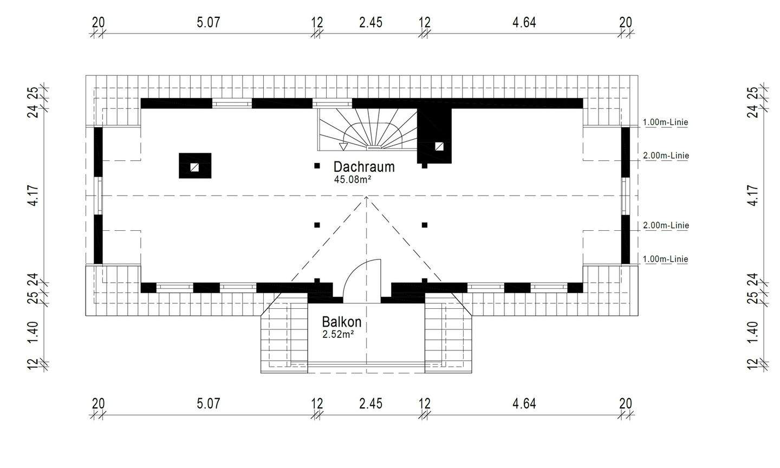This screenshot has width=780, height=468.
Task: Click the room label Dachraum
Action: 363,166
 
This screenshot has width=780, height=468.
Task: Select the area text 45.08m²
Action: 352,180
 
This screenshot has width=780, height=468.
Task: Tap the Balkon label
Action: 341,322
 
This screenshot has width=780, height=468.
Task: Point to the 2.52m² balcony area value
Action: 338,334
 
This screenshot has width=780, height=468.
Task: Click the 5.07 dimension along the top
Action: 209,22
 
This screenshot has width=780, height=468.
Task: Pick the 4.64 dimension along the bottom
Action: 524,404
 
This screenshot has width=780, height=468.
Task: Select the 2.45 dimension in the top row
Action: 370,22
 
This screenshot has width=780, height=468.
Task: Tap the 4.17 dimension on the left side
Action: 34,196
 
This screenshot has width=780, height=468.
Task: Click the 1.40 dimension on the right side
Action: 752,331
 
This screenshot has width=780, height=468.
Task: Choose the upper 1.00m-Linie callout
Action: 665,122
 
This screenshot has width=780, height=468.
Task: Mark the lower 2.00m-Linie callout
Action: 665,225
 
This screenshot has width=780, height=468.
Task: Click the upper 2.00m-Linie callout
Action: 665,156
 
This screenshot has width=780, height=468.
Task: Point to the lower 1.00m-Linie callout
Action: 665,259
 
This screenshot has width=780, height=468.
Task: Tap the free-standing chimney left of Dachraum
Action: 195,166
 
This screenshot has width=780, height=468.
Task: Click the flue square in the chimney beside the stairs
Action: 439,146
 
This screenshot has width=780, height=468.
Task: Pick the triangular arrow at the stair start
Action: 343,146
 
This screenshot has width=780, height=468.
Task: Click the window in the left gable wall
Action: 99,196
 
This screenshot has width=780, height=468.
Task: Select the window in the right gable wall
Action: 625,196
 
